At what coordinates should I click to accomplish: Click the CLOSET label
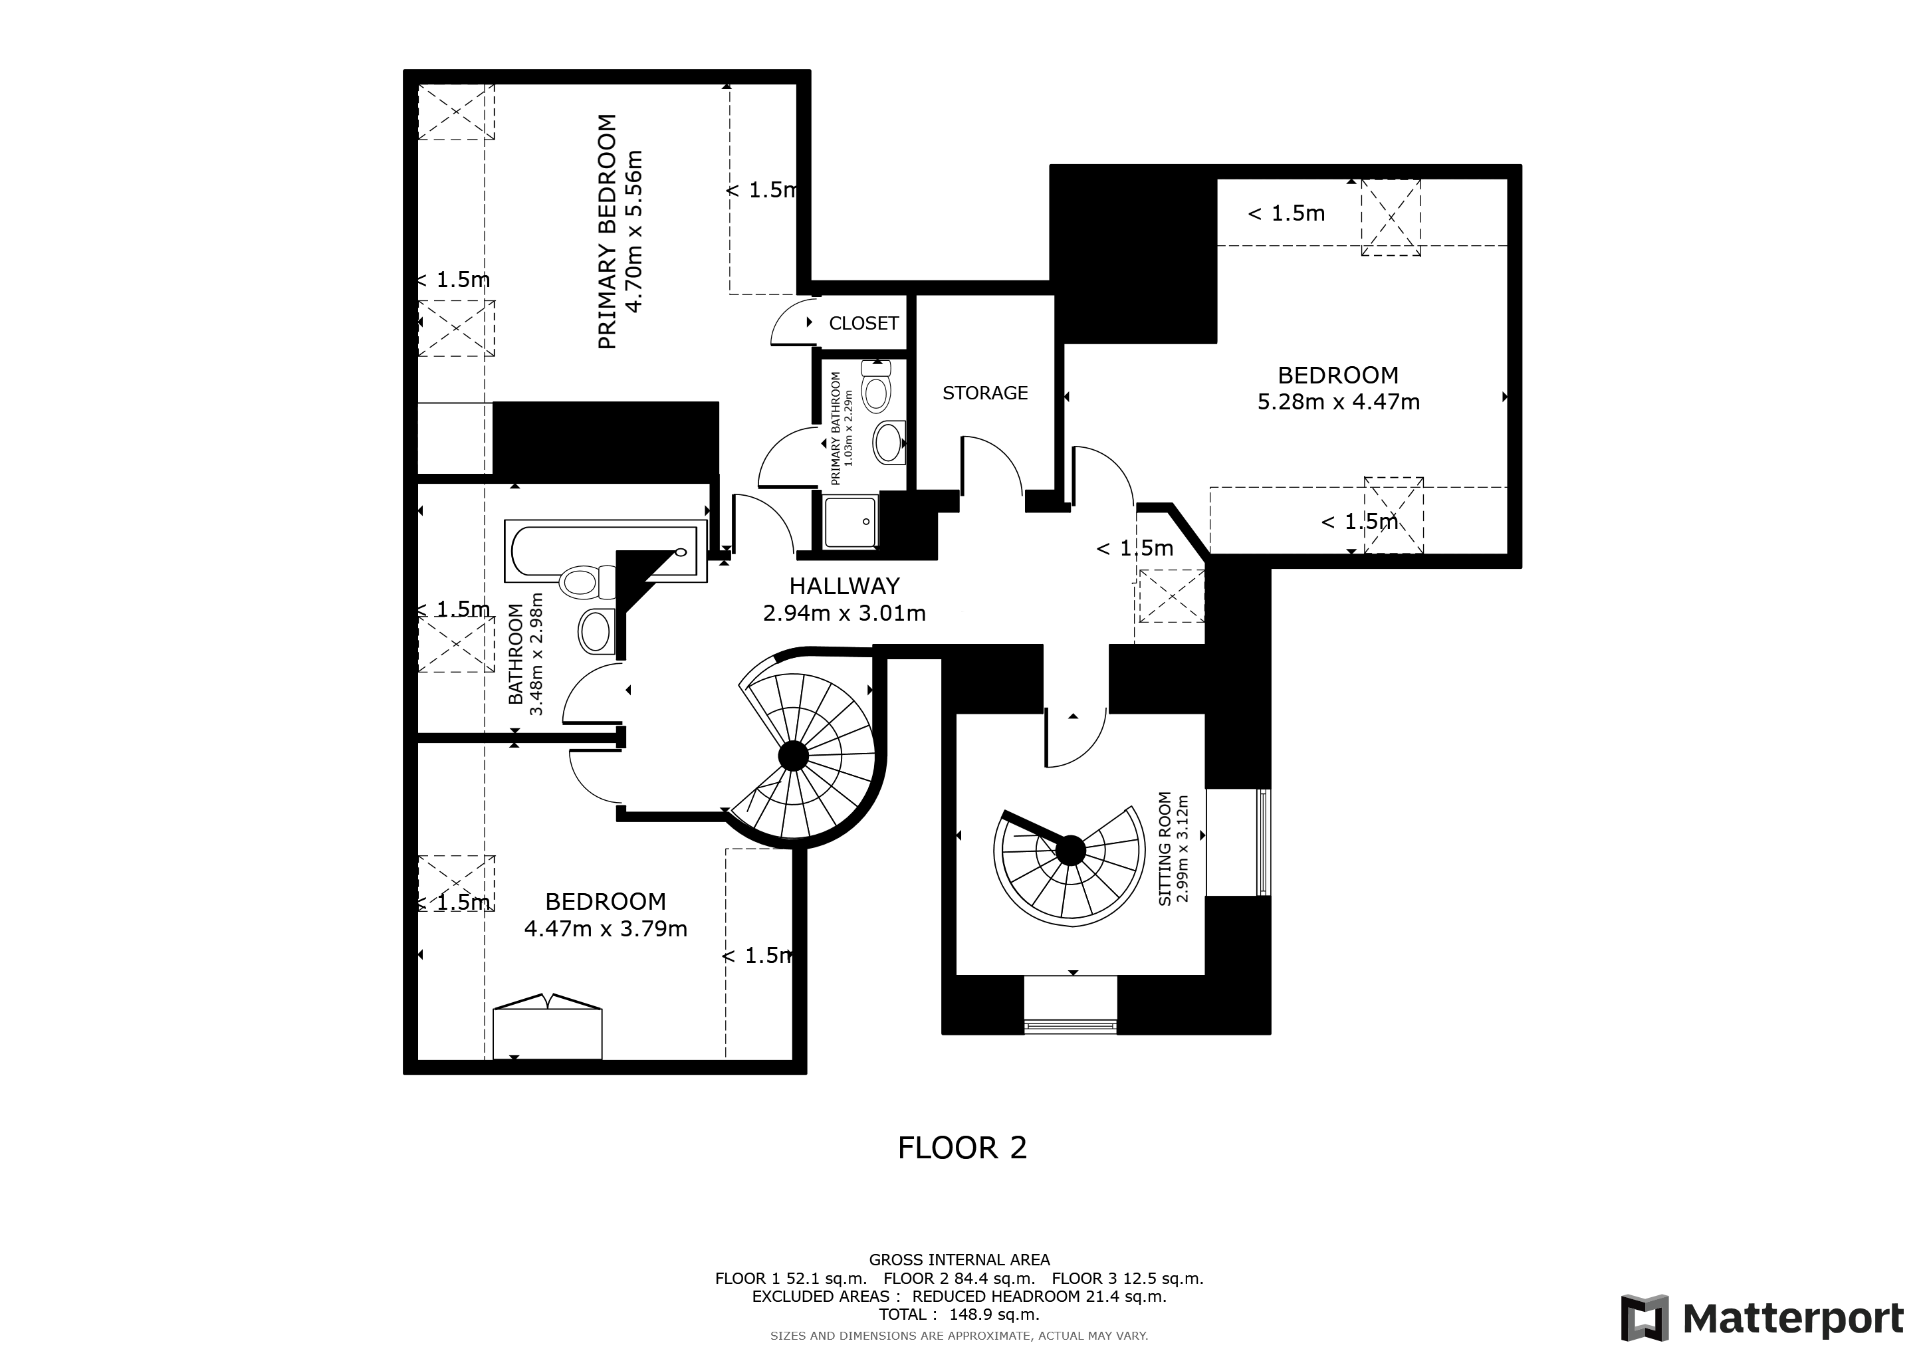coord(863,324)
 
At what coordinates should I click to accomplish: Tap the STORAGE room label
coord(984,393)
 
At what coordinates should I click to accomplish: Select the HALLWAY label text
coord(844,585)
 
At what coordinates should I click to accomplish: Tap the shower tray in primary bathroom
coord(850,521)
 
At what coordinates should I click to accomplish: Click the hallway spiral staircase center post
coord(793,757)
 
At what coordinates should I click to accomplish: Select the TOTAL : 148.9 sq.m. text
coord(959,1315)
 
